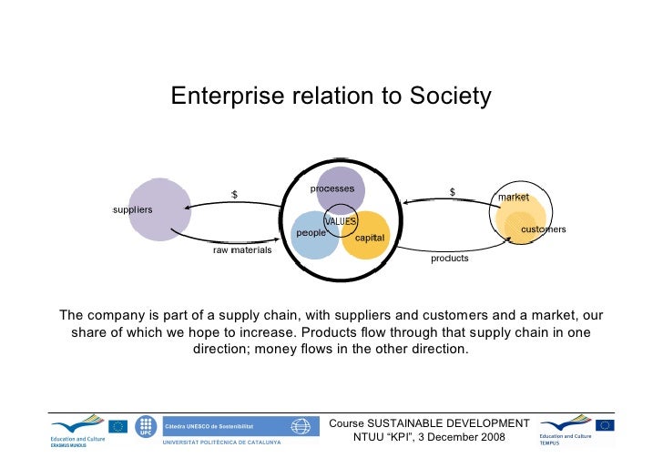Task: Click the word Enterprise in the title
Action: [218, 97]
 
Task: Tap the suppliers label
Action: [133, 210]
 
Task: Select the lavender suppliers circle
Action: [160, 209]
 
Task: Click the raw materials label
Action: [242, 249]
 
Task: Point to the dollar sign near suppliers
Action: [234, 194]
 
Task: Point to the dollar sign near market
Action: [453, 192]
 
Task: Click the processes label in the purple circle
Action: [332, 188]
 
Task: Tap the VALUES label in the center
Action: [341, 221]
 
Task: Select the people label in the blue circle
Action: [311, 233]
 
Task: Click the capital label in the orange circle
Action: [370, 238]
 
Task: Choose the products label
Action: [450, 259]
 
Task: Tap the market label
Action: [514, 198]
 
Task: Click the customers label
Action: [544, 229]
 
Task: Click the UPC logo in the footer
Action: [145, 428]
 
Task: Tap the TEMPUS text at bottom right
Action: [549, 444]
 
